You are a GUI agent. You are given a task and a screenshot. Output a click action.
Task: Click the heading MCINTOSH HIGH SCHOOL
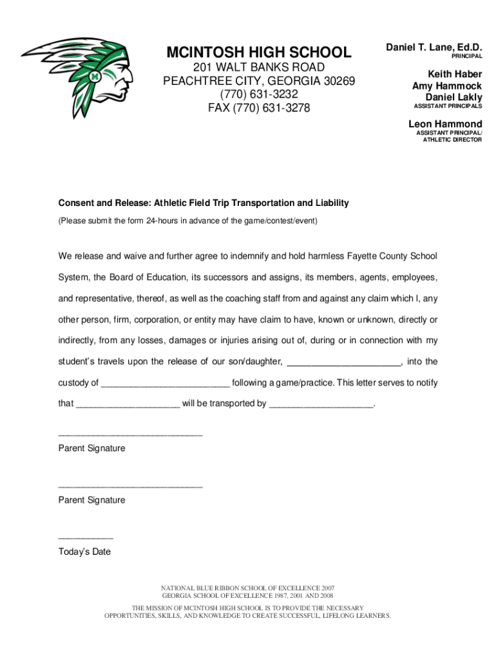(259, 52)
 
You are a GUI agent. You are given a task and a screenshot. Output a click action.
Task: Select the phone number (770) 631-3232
(259, 95)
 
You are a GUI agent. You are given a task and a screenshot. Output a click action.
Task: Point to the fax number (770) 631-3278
(259, 108)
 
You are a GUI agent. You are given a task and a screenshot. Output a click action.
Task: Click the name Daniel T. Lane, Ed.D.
(434, 47)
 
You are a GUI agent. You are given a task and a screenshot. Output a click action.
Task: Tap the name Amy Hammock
(447, 86)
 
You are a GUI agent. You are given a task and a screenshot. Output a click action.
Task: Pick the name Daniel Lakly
(453, 97)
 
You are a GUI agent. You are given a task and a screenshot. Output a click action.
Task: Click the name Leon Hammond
(445, 124)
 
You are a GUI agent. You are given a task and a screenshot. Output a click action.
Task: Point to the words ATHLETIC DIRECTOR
(452, 140)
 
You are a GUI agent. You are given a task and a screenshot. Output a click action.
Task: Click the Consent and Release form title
(204, 203)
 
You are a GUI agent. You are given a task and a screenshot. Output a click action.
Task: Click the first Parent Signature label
(91, 448)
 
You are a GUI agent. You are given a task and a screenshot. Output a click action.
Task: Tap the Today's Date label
(84, 552)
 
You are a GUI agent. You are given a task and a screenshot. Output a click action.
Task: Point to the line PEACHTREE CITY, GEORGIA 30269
(259, 81)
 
